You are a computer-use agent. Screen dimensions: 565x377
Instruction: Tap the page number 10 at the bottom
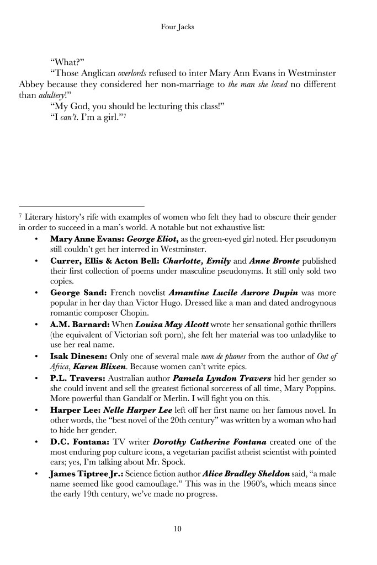click(177, 529)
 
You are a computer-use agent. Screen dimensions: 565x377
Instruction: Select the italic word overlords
click(131, 73)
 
